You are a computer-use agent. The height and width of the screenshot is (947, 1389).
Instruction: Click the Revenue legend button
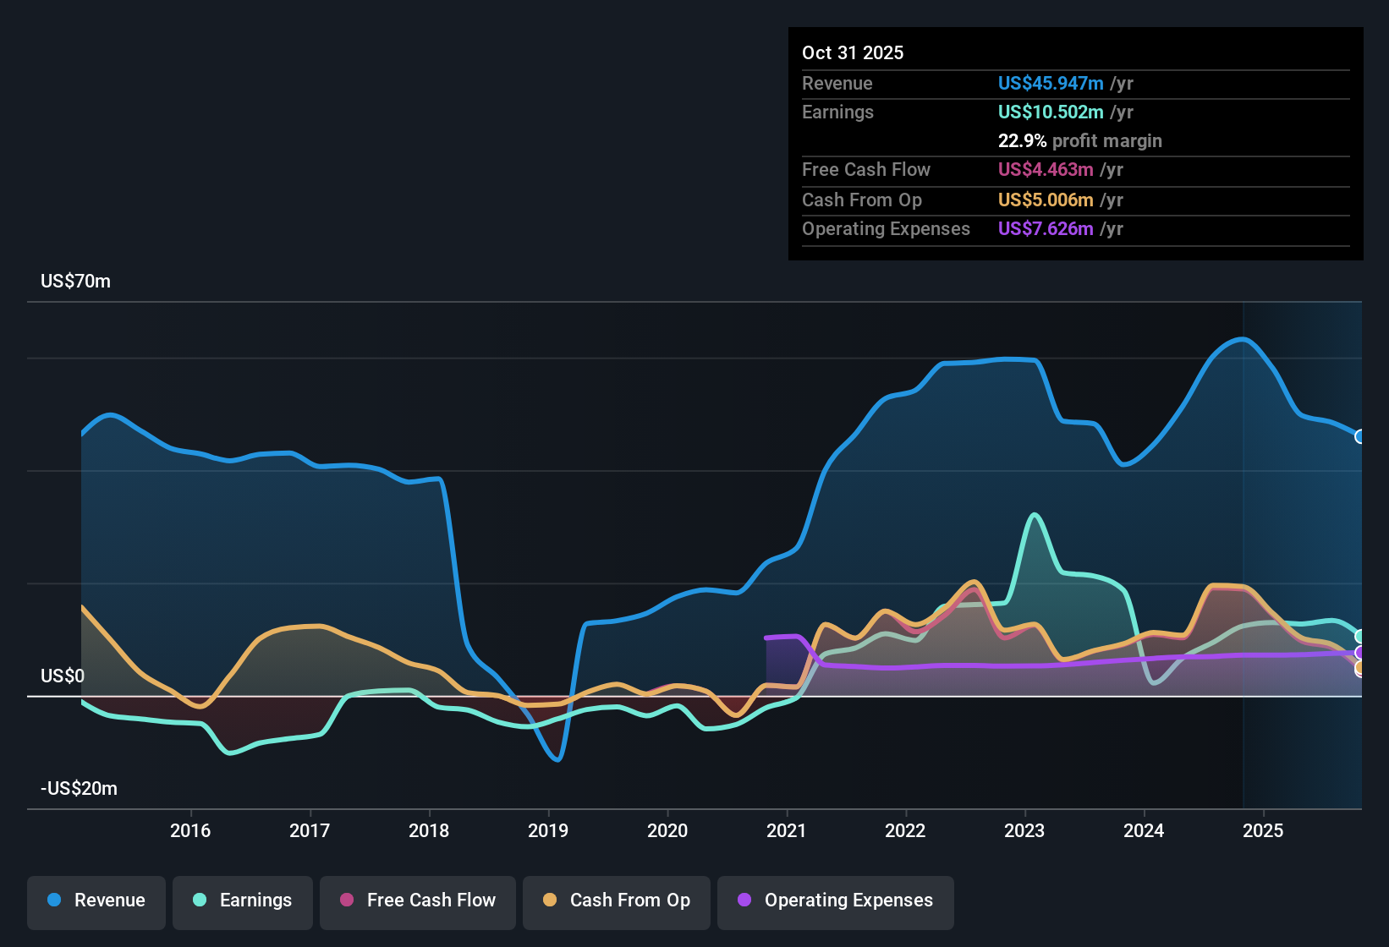pos(96,900)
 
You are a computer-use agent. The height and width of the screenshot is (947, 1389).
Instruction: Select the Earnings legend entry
pos(243,900)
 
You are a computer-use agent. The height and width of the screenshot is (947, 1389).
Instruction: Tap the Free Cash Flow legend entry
pos(418,900)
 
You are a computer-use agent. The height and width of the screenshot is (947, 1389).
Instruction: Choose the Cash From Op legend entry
pos(617,900)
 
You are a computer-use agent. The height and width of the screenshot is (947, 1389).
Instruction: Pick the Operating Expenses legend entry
pos(836,900)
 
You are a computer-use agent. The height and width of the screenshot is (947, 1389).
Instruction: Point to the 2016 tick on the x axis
pos(190,830)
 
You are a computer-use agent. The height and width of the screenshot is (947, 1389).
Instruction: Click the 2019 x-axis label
pos(548,830)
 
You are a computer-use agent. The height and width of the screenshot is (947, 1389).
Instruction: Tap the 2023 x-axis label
pos(1024,830)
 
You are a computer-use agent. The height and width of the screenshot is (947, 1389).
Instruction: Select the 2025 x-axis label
pos(1263,830)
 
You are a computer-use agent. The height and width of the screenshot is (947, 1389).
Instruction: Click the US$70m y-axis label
pos(75,281)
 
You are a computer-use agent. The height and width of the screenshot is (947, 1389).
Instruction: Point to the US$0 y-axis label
pos(63,676)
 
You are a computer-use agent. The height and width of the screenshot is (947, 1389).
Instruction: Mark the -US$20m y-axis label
pos(79,788)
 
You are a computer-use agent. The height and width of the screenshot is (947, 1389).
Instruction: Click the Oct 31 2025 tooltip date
pos(853,52)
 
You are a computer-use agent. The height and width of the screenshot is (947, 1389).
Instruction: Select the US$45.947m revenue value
pos(1051,83)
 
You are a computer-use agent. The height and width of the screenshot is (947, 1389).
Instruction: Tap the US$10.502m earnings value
pos(1051,112)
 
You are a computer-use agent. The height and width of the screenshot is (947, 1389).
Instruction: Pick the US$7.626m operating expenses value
pos(1046,228)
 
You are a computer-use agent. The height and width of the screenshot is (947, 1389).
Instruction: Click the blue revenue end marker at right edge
pos(1360,436)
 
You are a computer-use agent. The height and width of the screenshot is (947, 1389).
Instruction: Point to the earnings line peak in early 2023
pos(1034,514)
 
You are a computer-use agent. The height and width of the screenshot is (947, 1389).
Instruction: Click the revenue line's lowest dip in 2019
pos(557,759)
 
